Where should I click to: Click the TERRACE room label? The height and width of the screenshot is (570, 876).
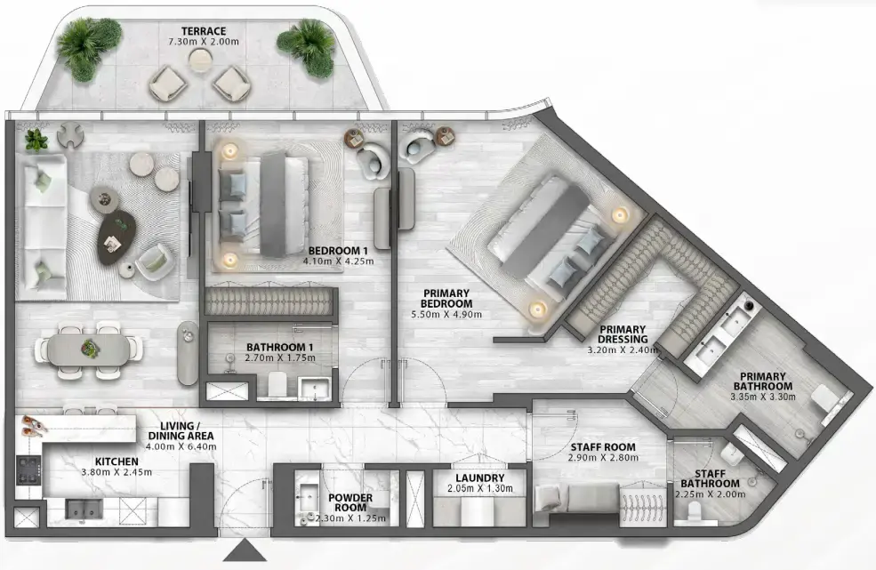click(x=204, y=31)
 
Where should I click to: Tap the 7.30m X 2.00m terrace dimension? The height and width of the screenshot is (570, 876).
click(x=204, y=42)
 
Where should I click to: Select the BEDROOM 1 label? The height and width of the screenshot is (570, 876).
click(x=338, y=251)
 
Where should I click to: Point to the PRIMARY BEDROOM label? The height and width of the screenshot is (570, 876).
click(x=446, y=299)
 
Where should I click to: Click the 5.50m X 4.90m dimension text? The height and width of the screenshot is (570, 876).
click(x=446, y=315)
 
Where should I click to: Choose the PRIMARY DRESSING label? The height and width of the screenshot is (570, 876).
click(x=623, y=334)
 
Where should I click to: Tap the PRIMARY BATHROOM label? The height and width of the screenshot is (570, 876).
click(x=762, y=381)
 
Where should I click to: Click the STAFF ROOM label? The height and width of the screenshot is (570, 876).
click(x=603, y=447)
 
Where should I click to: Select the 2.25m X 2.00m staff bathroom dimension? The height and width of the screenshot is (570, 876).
click(x=710, y=494)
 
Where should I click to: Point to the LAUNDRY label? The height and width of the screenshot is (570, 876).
click(x=480, y=478)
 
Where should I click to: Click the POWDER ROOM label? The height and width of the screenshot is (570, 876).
click(x=350, y=502)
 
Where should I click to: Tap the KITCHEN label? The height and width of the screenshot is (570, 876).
click(x=117, y=462)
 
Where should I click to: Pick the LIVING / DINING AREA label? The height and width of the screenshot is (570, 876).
click(x=181, y=430)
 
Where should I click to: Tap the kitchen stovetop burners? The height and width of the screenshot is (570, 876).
click(x=28, y=470)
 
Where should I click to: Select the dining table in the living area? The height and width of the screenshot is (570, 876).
click(x=88, y=349)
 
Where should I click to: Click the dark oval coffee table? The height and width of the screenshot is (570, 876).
click(x=117, y=238)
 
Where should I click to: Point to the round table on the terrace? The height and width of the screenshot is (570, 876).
click(x=198, y=60)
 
